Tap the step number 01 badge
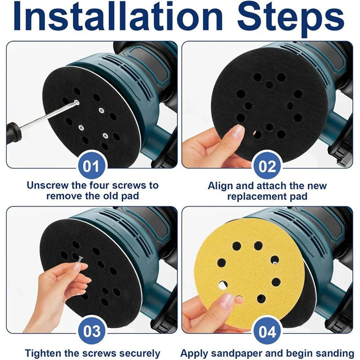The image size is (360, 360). pos(92,166)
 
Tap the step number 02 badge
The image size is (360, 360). pos(268,166)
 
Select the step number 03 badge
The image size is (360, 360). pos(92,332)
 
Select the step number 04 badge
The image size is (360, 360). pos(268,332)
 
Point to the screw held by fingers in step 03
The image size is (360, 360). pos(80,260)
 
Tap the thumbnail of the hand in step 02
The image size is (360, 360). pos(236,131)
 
